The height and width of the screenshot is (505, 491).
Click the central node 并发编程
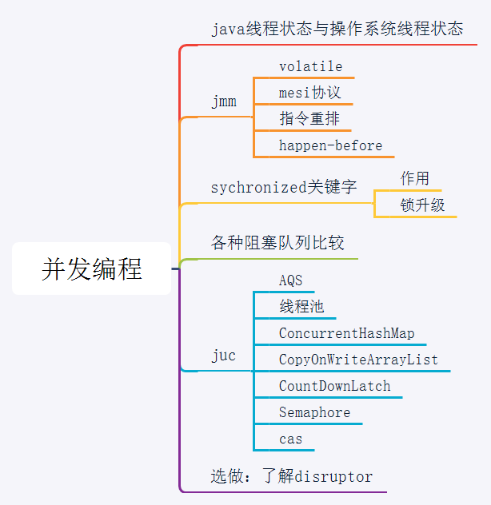(x=91, y=269)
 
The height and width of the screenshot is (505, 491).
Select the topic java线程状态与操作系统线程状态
(x=337, y=30)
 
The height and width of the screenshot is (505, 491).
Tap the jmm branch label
(x=224, y=101)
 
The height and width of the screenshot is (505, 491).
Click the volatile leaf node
(x=310, y=66)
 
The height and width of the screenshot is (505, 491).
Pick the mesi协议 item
(x=309, y=93)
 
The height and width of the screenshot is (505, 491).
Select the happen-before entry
(x=330, y=145)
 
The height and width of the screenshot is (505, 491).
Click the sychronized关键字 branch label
(x=283, y=188)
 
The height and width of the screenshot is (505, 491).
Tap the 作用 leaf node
(x=414, y=178)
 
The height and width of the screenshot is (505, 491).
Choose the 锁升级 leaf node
(x=422, y=205)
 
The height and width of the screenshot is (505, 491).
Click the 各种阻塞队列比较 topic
(x=277, y=243)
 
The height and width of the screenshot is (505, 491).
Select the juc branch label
(x=224, y=356)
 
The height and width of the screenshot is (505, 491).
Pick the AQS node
(x=291, y=280)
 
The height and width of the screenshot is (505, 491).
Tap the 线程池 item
(x=301, y=307)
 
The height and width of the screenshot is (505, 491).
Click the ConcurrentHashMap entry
(x=346, y=333)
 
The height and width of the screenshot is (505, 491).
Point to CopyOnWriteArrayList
(x=358, y=360)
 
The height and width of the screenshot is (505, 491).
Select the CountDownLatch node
(x=334, y=386)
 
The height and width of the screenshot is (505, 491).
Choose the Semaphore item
(x=314, y=412)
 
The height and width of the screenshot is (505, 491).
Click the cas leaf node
(x=291, y=439)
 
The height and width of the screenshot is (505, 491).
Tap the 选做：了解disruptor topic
(x=292, y=477)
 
